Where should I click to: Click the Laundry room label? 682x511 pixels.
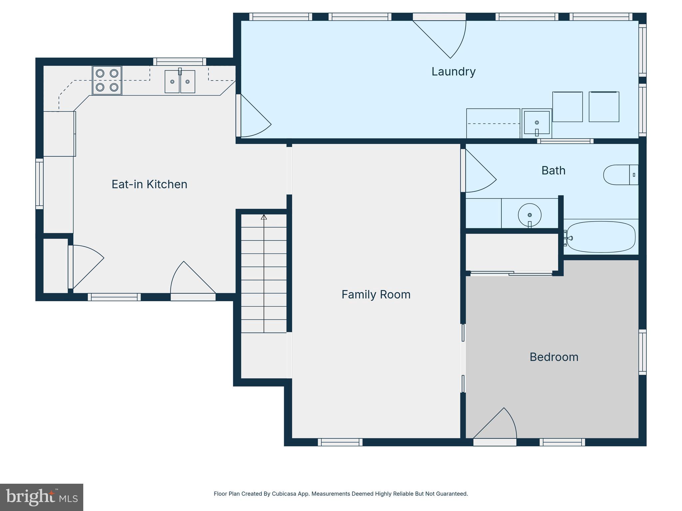coord(453,72)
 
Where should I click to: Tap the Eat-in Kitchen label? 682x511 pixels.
coord(149,184)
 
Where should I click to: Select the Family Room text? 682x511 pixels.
coord(376,294)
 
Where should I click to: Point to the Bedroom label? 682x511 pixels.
coord(554,357)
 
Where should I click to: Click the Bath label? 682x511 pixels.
coord(553,170)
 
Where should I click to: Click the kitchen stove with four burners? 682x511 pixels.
coord(107,80)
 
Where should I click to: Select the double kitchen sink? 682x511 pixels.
coord(180,81)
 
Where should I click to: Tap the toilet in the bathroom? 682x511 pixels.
coord(621,175)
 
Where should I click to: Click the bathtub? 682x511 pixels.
coord(601,237)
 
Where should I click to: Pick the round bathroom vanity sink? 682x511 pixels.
coord(529,215)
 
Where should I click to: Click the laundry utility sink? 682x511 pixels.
coord(537,123)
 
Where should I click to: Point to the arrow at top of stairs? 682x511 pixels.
coord(264,217)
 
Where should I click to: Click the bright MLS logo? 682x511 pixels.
coord(42,497)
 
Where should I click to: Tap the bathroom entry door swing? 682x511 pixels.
coord(480,171)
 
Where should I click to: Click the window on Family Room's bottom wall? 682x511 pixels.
coord(340,442)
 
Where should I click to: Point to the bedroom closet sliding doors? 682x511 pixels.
coord(511,273)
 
